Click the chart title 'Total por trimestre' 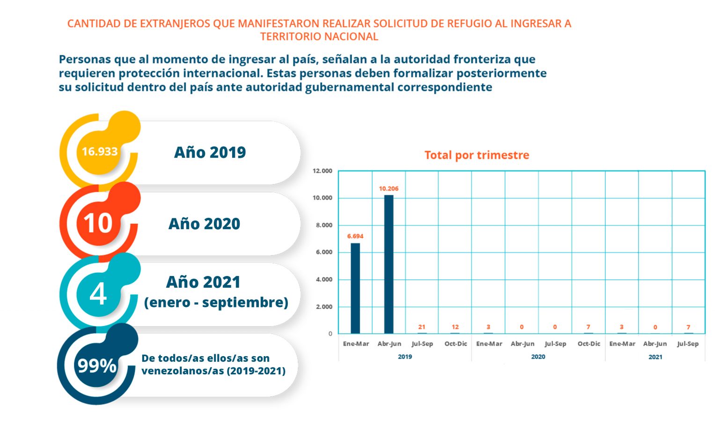[x=477, y=155]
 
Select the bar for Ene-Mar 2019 [x=355, y=288]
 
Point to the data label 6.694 [x=355, y=236]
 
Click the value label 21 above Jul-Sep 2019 [x=422, y=327]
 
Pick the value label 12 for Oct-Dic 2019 [x=455, y=327]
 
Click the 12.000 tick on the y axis [x=323, y=171]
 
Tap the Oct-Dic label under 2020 [x=588, y=344]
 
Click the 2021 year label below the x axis [x=655, y=357]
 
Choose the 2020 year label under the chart [x=538, y=357]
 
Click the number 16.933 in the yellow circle [x=100, y=152]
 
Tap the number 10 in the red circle [x=98, y=223]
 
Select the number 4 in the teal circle [x=98, y=295]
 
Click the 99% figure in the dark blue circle [x=96, y=365]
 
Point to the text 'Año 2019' [x=210, y=152]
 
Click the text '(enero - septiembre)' [x=216, y=302]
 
